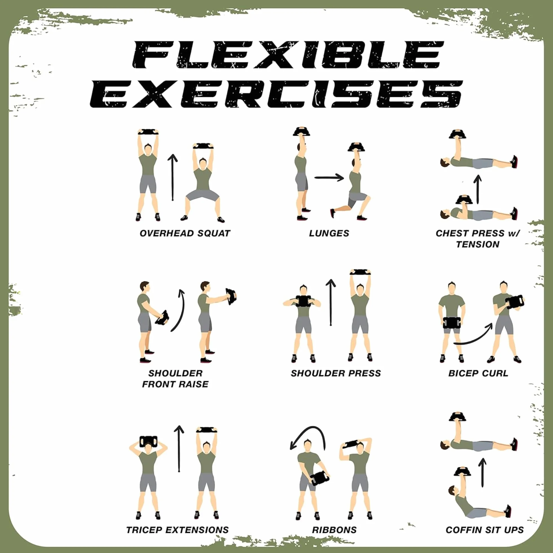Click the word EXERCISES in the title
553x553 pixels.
(276, 94)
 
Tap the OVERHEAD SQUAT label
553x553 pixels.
(185, 233)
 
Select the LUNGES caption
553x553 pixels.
(329, 233)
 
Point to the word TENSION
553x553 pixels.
(478, 244)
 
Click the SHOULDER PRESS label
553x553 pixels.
(336, 373)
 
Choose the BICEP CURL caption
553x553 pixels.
(478, 373)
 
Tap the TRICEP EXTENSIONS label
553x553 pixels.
(177, 530)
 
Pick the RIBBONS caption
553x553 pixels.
(334, 530)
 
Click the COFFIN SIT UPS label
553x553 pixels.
(485, 530)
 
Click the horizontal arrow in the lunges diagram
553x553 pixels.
(329, 177)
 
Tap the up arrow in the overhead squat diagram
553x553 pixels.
(172, 177)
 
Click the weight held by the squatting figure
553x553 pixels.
(203, 146)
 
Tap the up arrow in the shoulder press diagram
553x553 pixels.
(331, 302)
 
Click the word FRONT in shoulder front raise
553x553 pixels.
(158, 384)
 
